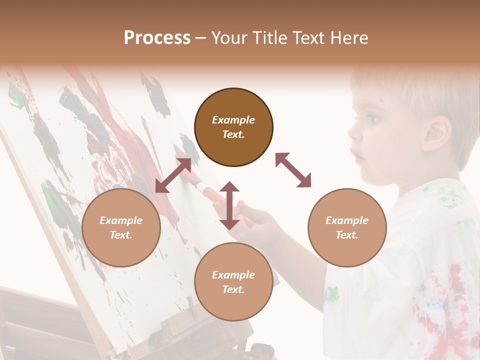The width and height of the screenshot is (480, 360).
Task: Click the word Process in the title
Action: [157, 38]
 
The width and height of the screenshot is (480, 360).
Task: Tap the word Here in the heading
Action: [347, 38]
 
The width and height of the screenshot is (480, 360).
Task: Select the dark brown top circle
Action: [233, 127]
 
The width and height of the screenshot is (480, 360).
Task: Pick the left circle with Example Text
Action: [121, 227]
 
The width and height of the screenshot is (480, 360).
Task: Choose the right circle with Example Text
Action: [347, 227]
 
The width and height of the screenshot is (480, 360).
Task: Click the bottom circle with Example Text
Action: [233, 282]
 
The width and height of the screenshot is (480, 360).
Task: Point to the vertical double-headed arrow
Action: [229, 205]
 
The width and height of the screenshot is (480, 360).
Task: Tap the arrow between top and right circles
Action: [293, 170]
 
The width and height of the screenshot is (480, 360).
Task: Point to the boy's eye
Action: [372, 119]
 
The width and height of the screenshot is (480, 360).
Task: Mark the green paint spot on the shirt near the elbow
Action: [331, 294]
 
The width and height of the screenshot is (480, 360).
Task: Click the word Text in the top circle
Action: [233, 134]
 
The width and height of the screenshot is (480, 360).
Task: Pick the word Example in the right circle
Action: [347, 220]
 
